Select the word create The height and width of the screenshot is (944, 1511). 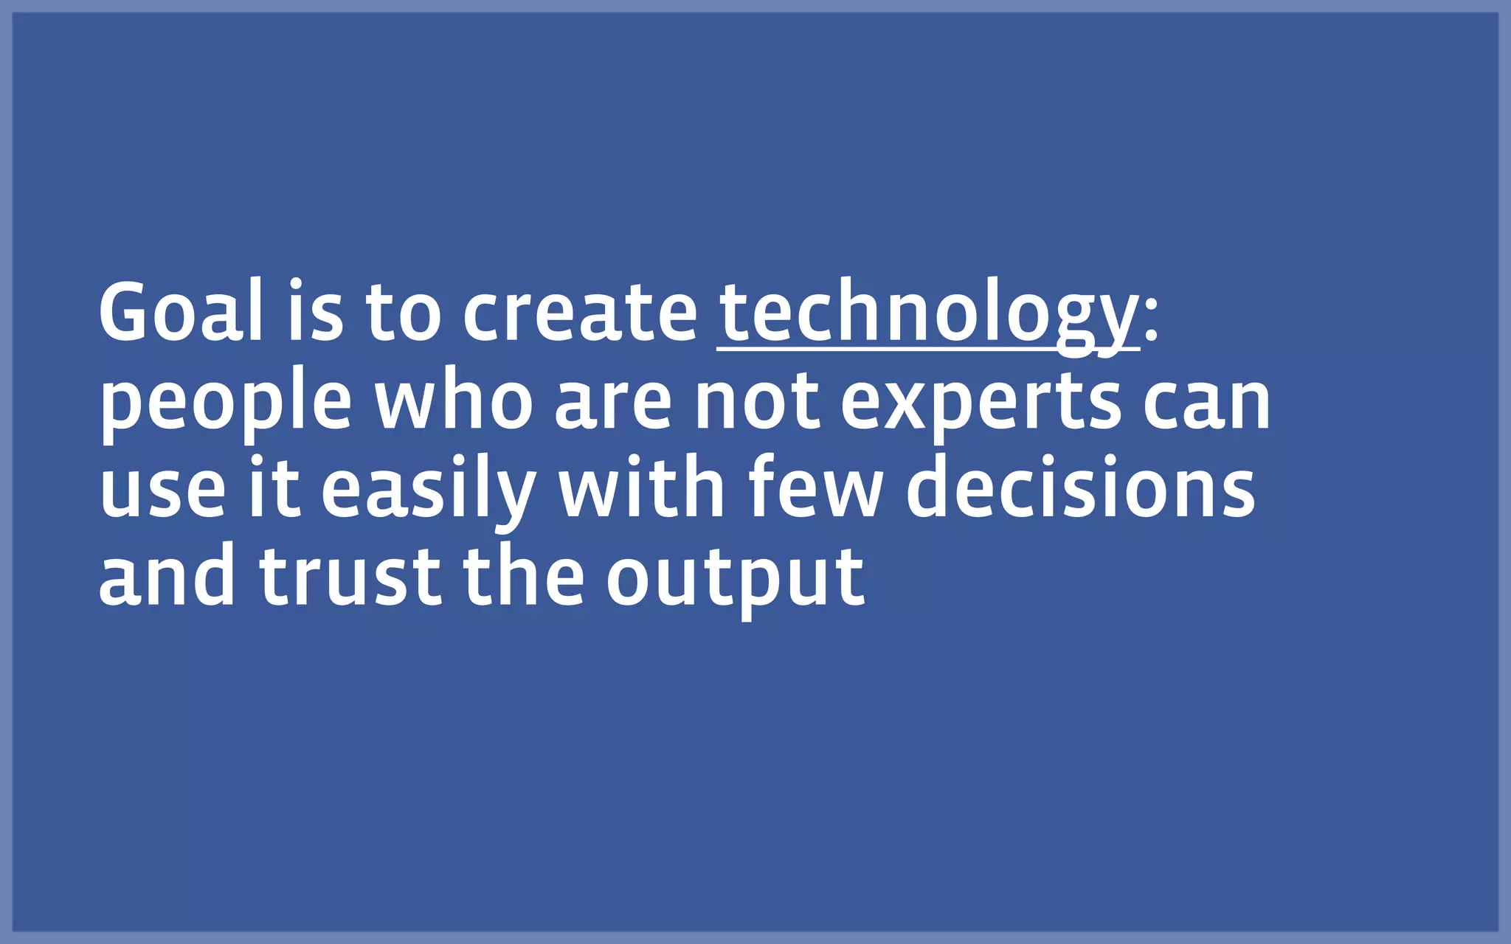[x=580, y=313]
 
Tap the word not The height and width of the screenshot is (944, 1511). [x=757, y=401]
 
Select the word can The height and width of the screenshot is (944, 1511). [x=1207, y=403]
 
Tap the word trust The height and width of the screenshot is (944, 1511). [x=350, y=576]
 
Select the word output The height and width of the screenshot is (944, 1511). [x=735, y=579]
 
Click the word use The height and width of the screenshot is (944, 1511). [x=162, y=490]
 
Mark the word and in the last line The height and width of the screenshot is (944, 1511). [x=167, y=576]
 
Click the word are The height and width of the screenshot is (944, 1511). [x=613, y=403]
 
